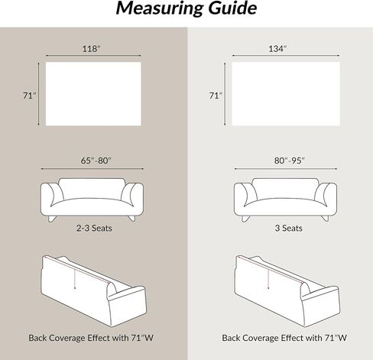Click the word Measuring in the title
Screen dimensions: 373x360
pyautogui.click(x=160, y=8)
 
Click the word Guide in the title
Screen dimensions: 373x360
pyautogui.click(x=232, y=8)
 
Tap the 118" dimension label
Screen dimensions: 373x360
pyautogui.click(x=92, y=49)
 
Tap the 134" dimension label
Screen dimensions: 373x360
pyautogui.click(x=277, y=49)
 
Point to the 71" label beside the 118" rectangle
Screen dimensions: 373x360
pyautogui.click(x=30, y=96)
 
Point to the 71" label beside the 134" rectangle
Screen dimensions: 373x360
pyautogui.click(x=216, y=96)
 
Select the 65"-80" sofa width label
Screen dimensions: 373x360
pyautogui.click(x=96, y=161)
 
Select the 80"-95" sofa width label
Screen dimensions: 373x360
pyautogui.click(x=290, y=161)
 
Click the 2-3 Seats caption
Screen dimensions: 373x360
pyautogui.click(x=94, y=228)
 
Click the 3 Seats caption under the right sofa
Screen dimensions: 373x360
pyautogui.click(x=288, y=228)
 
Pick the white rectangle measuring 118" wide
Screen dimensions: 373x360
pyautogui.click(x=93, y=94)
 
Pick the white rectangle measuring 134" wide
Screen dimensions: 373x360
pyautogui.click(x=286, y=94)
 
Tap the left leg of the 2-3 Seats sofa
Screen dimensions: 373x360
pyautogui.click(x=52, y=219)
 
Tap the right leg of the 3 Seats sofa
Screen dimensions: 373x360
pyautogui.click(x=325, y=219)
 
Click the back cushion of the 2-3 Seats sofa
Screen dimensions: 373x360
pyautogui.click(x=92, y=189)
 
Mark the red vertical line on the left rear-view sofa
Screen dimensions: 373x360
pyautogui.click(x=75, y=279)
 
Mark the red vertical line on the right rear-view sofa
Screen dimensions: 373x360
pyautogui.click(x=268, y=279)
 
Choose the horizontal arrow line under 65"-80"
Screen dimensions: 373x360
pyautogui.click(x=92, y=169)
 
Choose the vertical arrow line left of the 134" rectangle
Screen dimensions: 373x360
pyautogui.click(x=225, y=94)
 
